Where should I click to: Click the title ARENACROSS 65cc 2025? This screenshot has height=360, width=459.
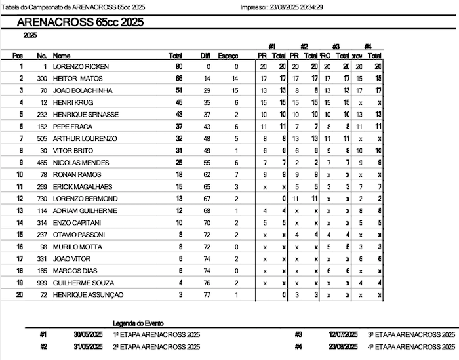pyautogui.click(x=79, y=22)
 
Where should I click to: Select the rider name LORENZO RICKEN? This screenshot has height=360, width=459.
pyautogui.click(x=81, y=67)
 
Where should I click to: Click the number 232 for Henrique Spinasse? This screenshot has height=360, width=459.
pyautogui.click(x=41, y=115)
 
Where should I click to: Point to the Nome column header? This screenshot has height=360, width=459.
pyautogui.click(x=62, y=56)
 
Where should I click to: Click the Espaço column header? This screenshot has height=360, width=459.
pyautogui.click(x=228, y=56)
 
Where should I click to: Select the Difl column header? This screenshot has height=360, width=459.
pyautogui.click(x=205, y=56)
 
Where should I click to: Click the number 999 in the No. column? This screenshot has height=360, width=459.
pyautogui.click(x=41, y=283)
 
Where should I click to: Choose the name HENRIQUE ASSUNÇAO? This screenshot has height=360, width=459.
pyautogui.click(x=88, y=295)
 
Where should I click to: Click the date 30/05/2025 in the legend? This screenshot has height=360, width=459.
pyautogui.click(x=88, y=334)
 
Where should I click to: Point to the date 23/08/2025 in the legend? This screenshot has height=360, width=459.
pyautogui.click(x=343, y=346)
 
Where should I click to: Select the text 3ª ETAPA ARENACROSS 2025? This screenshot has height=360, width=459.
pyautogui.click(x=411, y=334)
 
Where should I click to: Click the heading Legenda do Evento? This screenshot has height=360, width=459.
pyautogui.click(x=139, y=323)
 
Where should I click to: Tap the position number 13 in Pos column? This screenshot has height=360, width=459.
pyautogui.click(x=20, y=210)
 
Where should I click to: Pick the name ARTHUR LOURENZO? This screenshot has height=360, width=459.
pyautogui.click(x=85, y=139)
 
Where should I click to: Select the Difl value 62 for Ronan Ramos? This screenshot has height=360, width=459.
pyautogui.click(x=207, y=175)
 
